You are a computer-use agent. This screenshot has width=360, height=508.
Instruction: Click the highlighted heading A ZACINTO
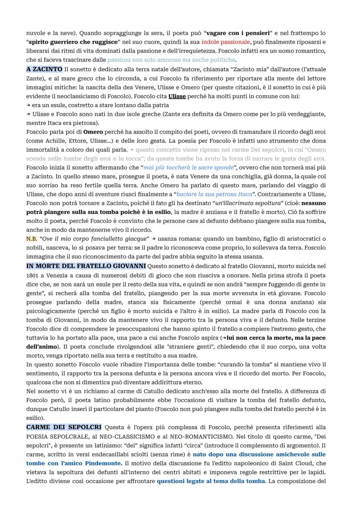(44, 70)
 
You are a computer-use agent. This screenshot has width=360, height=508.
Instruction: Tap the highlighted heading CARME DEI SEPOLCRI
(64, 428)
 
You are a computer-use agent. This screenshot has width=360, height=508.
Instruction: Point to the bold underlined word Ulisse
(177, 96)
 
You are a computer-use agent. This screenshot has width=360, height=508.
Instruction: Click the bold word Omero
(93, 131)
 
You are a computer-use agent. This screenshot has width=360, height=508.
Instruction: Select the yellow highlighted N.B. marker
(31, 238)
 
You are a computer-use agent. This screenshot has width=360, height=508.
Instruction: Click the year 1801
(33, 274)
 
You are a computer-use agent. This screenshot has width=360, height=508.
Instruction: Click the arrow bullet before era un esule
(28, 105)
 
